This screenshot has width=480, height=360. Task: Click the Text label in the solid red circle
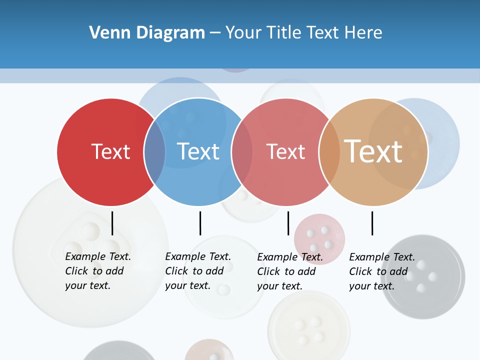[110, 151]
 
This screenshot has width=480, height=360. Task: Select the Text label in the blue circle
[198, 151]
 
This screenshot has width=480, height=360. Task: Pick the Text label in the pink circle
[285, 151]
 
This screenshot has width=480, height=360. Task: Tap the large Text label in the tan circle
[373, 151]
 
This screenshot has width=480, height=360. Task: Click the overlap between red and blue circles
[155, 152]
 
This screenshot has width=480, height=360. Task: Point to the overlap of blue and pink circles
[242, 152]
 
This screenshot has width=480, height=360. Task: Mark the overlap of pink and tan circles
[329, 152]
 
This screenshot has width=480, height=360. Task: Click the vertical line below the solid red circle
[112, 223]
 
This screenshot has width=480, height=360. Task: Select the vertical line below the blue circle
[200, 223]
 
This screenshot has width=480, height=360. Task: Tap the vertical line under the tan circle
[372, 223]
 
